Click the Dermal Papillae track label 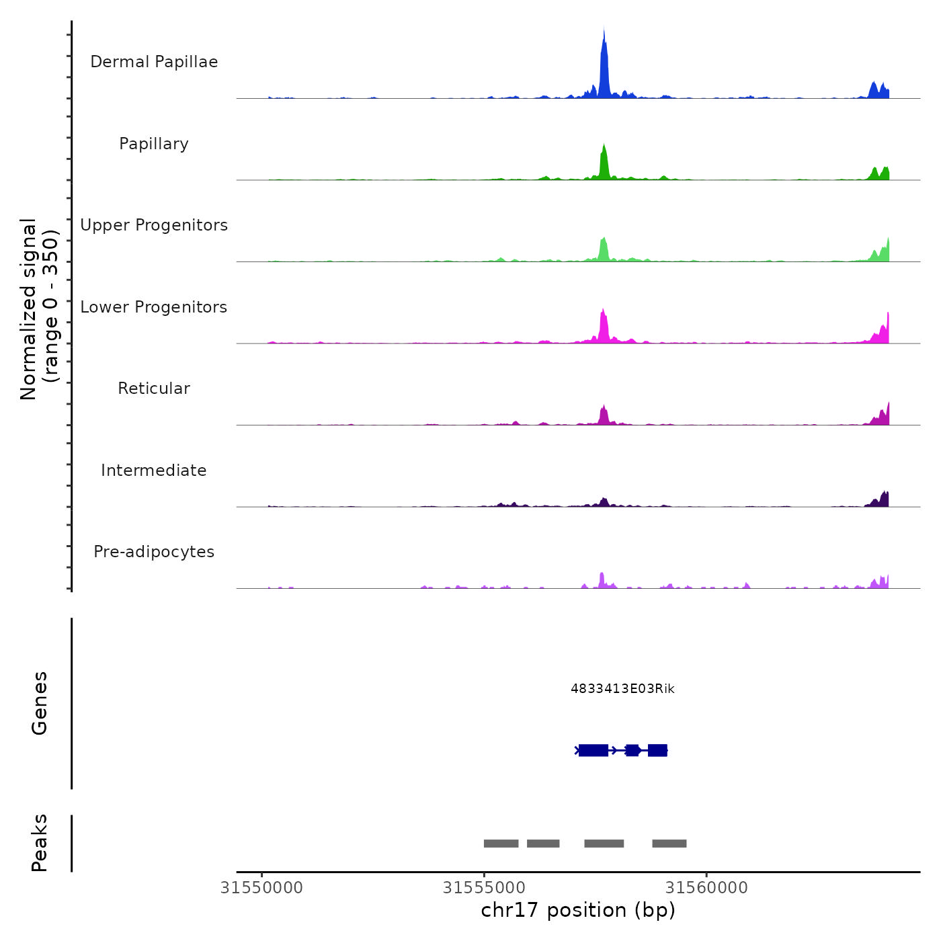[154, 62]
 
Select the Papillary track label [154, 144]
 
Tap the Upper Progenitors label [154, 225]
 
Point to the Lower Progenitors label [154, 307]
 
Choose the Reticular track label [154, 388]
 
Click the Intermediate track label [154, 470]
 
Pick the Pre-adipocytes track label [154, 552]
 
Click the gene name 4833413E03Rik [622, 688]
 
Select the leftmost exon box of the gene [593, 750]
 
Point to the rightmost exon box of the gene [657, 750]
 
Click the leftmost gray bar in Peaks [501, 844]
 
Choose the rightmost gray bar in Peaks [669, 844]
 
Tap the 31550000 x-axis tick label [261, 888]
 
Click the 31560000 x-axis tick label [706, 888]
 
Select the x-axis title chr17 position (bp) [578, 910]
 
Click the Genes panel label [40, 703]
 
